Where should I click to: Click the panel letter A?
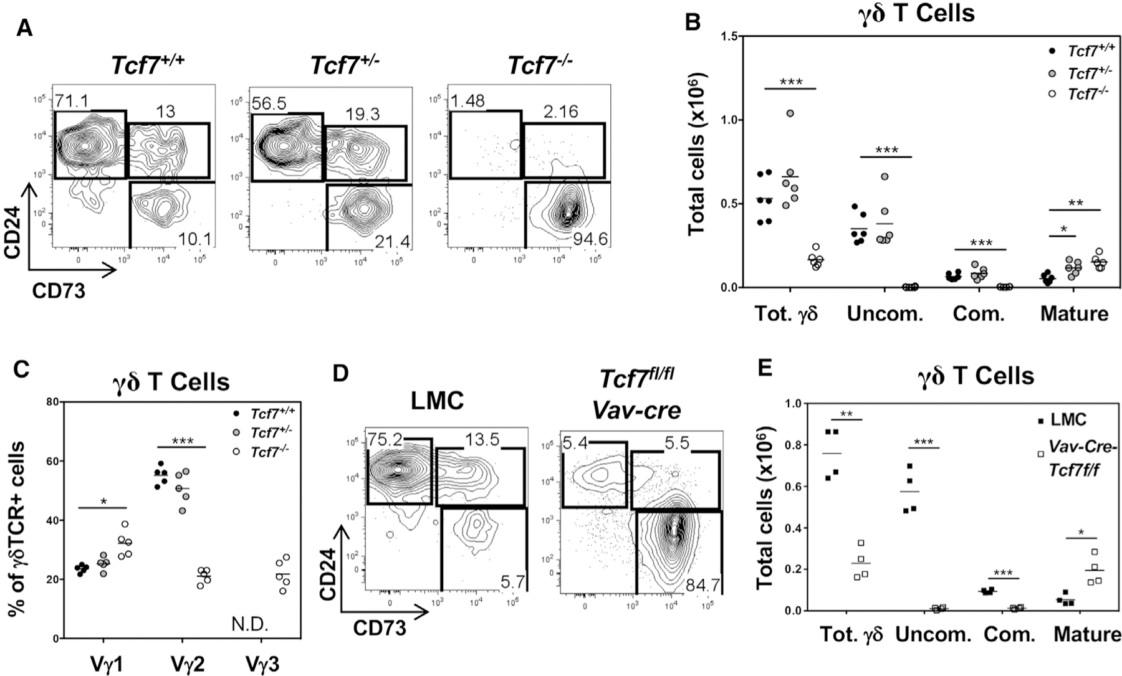coord(24,28)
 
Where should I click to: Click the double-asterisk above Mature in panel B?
coord(1075,202)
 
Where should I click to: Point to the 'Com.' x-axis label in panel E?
coord(1009,635)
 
